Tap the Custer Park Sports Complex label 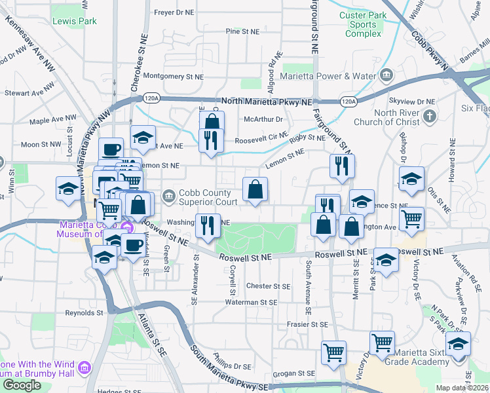[x=362, y=24]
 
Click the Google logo [x=22, y=385]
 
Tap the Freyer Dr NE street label [x=174, y=12]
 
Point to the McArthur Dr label [x=263, y=119]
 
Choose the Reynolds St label [x=89, y=313]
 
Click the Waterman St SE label [x=251, y=303]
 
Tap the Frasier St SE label [x=307, y=324]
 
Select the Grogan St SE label [x=293, y=373]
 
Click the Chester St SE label [x=268, y=286]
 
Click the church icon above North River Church [x=429, y=117]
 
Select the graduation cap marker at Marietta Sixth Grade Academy [x=458, y=344]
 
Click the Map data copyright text [x=462, y=388]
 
